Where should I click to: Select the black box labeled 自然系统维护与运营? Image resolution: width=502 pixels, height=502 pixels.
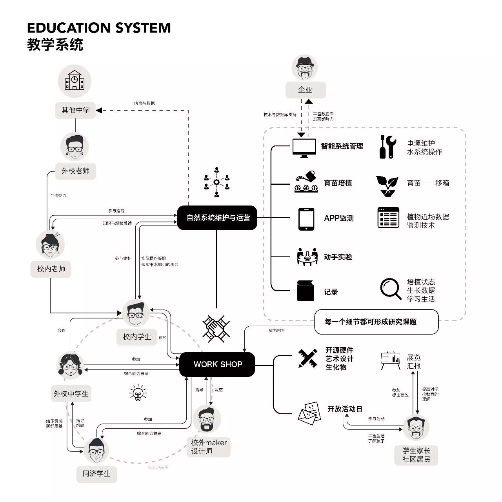point(217,218)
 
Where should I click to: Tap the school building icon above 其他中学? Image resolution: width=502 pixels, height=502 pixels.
point(75,81)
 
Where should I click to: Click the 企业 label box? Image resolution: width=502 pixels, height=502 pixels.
point(305,90)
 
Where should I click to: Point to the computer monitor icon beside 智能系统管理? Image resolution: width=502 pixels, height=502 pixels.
point(304,147)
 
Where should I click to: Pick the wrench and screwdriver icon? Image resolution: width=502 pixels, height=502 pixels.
point(387,147)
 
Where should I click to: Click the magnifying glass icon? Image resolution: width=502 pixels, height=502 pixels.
point(390,289)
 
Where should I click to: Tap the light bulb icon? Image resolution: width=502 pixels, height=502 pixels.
point(138,392)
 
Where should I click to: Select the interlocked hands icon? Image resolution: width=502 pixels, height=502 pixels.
point(216,326)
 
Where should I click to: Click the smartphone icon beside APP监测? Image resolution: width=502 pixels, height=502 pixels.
point(306,219)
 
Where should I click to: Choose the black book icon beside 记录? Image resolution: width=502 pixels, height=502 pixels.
point(306,291)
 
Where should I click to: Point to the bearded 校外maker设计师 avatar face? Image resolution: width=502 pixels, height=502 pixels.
point(207,420)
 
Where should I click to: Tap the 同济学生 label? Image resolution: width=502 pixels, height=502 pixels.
point(96,474)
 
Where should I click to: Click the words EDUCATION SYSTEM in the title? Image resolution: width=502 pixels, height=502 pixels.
point(99,28)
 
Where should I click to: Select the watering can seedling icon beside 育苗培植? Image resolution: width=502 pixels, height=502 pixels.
point(306,182)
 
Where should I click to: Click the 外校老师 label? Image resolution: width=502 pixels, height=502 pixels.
point(76,171)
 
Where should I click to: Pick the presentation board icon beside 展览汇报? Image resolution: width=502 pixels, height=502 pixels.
point(390,360)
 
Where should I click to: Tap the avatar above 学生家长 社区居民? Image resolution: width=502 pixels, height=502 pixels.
point(416,428)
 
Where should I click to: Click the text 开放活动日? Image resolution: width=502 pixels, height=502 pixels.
point(345,409)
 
